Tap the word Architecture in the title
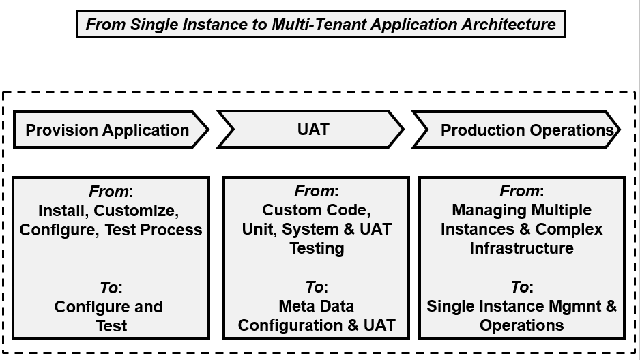click(x=508, y=25)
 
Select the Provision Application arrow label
click(x=107, y=130)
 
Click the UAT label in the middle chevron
click(x=313, y=130)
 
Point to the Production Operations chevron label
click(x=527, y=130)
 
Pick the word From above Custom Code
click(x=314, y=191)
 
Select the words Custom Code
click(x=317, y=210)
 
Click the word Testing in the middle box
click(x=317, y=248)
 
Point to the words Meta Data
click(x=317, y=306)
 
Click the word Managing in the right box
click(x=482, y=211)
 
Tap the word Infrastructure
click(x=522, y=248)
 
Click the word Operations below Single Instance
click(x=522, y=325)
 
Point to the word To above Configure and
click(x=109, y=288)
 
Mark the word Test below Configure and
click(x=111, y=326)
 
